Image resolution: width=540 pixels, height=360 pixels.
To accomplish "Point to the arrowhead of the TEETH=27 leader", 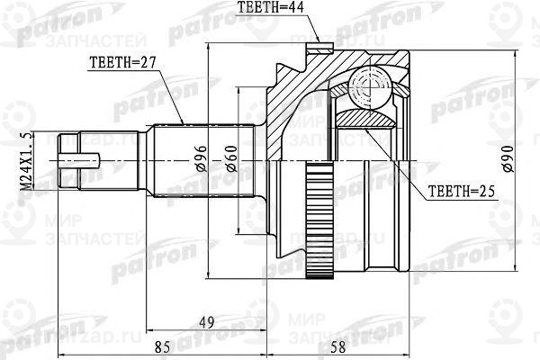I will coord(184,123).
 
